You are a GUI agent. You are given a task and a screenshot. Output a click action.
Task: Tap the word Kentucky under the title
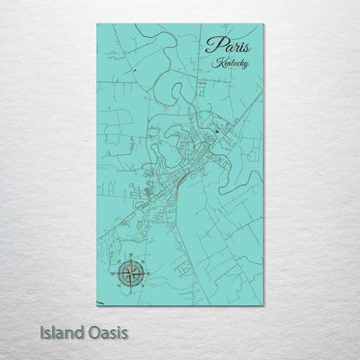tap(229, 64)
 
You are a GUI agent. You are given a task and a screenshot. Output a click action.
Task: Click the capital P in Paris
tap(211, 47)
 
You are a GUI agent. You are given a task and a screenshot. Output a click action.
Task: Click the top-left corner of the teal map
tap(97, 24)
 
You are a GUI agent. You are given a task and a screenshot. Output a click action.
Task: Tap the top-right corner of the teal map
tap(263, 24)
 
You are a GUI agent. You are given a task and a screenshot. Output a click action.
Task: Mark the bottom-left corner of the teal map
tap(97, 305)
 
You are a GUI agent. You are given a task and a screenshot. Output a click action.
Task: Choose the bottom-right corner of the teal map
tap(263, 305)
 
